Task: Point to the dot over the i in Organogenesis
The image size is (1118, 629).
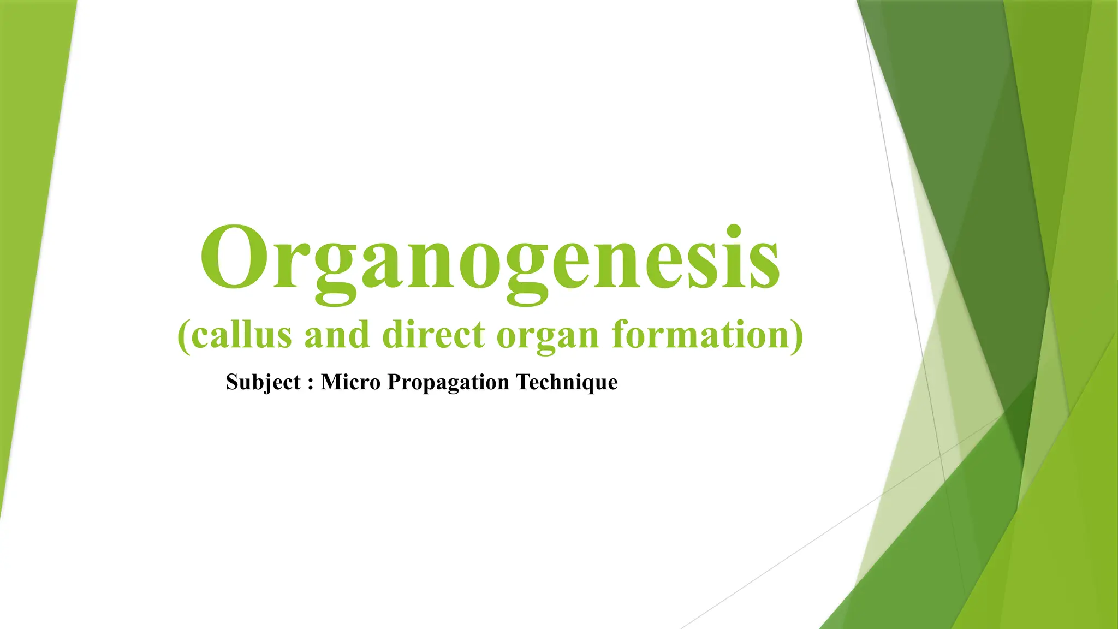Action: click(734, 230)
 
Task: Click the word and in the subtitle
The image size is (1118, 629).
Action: click(337, 334)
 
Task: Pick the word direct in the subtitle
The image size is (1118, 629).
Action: click(433, 334)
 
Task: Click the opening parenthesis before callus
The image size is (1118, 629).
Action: click(184, 336)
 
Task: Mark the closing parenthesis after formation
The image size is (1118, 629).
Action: click(798, 336)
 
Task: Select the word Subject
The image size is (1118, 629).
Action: click(263, 382)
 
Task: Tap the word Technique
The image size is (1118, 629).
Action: click(567, 382)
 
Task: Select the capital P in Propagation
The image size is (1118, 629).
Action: click(394, 382)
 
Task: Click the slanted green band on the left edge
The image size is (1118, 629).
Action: click(33, 218)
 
